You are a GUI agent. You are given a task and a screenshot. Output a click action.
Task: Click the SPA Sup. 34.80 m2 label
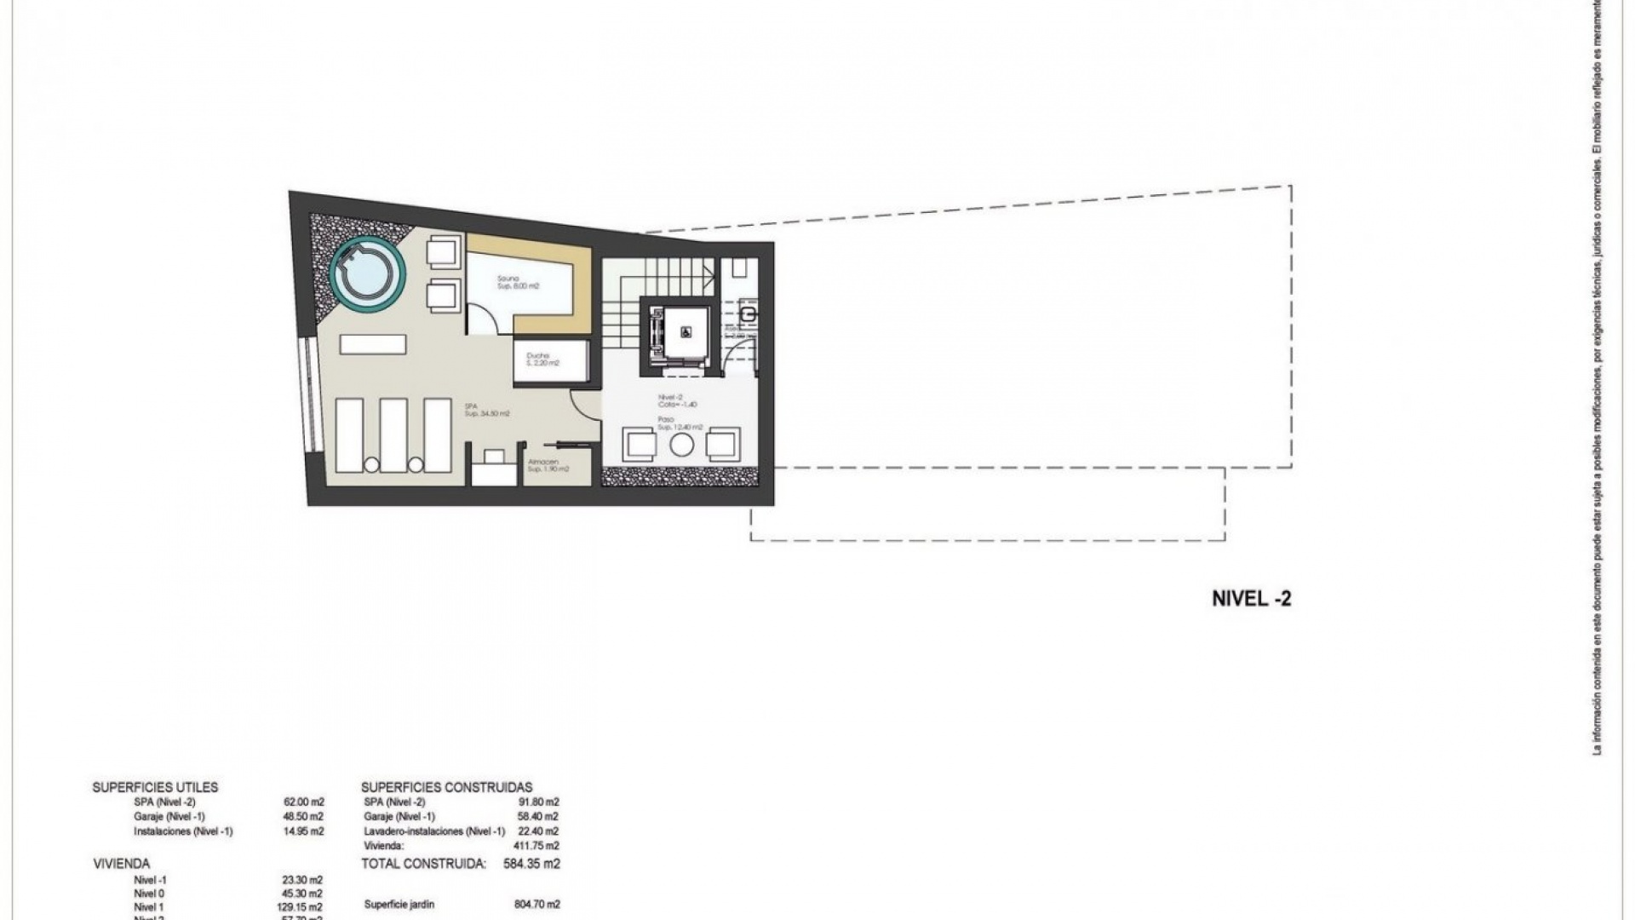487,410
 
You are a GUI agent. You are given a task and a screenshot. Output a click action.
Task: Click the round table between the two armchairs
682,444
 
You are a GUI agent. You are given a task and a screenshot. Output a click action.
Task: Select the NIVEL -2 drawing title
1251,599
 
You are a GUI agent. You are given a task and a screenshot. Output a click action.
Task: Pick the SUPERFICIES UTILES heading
155,787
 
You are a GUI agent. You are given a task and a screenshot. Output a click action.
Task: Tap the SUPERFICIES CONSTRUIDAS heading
446,787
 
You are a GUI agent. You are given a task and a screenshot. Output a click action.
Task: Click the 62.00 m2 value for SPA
304,802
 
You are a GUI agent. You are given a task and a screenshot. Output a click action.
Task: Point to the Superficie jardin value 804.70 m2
534,905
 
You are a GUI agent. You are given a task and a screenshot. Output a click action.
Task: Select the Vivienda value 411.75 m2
534,846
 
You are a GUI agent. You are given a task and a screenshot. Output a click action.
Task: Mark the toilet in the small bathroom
748,314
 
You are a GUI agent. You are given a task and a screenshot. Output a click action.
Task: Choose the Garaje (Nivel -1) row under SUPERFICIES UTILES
169,816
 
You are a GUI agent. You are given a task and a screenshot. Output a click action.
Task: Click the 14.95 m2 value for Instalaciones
304,831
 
